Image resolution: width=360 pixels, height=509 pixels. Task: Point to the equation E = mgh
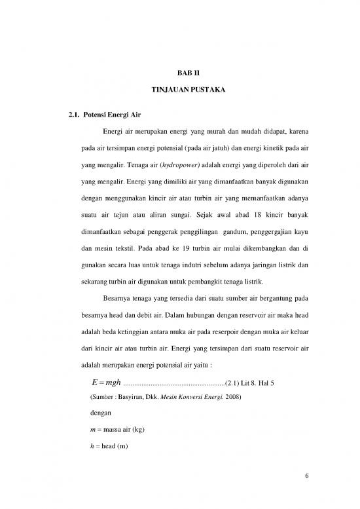[x=99, y=383]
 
